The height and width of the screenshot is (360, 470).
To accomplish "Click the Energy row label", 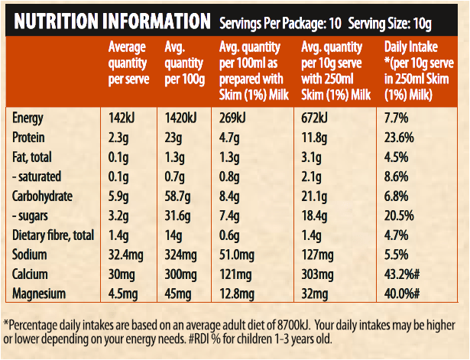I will [x=29, y=118].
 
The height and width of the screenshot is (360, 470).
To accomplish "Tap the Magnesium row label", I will [x=39, y=293].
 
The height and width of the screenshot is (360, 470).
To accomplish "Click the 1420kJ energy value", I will [x=181, y=118].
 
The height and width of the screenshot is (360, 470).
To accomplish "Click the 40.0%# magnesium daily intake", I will [x=405, y=293].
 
